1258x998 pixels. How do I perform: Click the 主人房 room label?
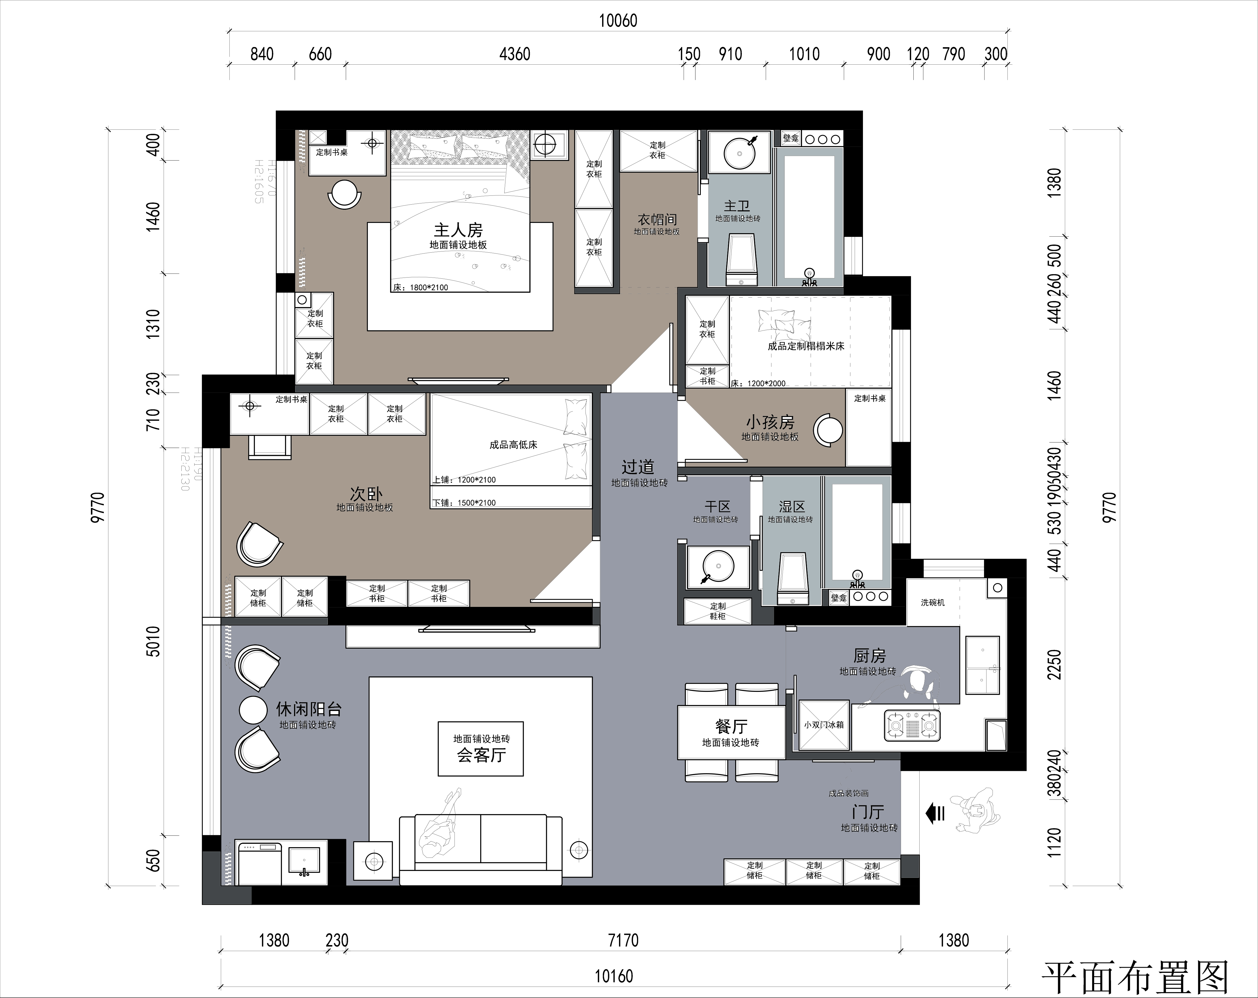458,231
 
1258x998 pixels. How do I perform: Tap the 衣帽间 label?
657,219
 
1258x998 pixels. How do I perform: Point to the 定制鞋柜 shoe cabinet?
717,611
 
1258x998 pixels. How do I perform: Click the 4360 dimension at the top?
515,54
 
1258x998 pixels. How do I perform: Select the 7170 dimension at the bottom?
623,940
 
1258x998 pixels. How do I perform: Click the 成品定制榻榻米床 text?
806,346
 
